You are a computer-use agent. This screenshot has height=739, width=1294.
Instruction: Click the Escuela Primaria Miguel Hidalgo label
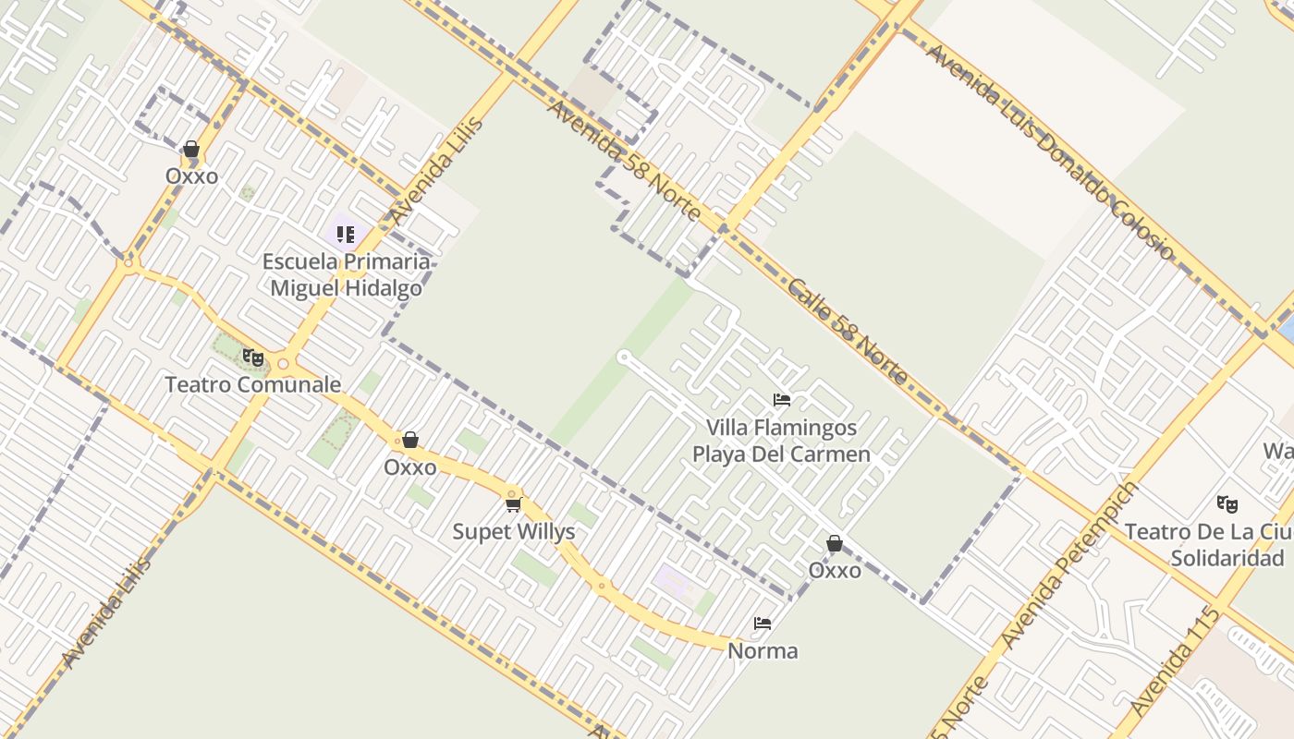pyautogui.click(x=346, y=274)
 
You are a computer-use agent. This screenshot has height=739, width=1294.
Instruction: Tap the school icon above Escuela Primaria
pyautogui.click(x=346, y=234)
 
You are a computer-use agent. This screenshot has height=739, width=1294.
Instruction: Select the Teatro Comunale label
pyautogui.click(x=252, y=384)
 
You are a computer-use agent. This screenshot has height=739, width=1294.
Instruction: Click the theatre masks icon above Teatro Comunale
pyautogui.click(x=252, y=357)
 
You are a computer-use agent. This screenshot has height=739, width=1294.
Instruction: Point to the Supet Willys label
pyautogui.click(x=514, y=531)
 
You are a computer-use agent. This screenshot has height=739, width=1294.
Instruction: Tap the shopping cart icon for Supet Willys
pyautogui.click(x=514, y=503)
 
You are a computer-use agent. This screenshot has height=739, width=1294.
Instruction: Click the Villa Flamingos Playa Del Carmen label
pyautogui.click(x=781, y=441)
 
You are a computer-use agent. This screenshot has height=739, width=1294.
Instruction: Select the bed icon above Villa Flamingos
pyautogui.click(x=781, y=400)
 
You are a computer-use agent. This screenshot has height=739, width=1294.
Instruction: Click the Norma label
pyautogui.click(x=763, y=650)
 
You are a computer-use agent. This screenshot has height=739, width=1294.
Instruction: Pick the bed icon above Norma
pyautogui.click(x=763, y=624)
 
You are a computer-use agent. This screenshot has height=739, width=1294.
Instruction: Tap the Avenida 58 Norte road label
pyautogui.click(x=624, y=160)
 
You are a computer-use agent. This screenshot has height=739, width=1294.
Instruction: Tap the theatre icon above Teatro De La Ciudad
pyautogui.click(x=1227, y=503)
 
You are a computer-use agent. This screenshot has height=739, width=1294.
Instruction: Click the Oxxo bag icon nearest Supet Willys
pyautogui.click(x=410, y=440)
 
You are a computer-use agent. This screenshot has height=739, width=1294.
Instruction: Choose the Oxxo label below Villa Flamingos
pyautogui.click(x=835, y=570)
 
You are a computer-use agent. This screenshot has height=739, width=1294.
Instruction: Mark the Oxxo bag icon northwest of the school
pyautogui.click(x=191, y=149)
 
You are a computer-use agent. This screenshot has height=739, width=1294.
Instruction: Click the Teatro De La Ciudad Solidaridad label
pyautogui.click(x=1211, y=545)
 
